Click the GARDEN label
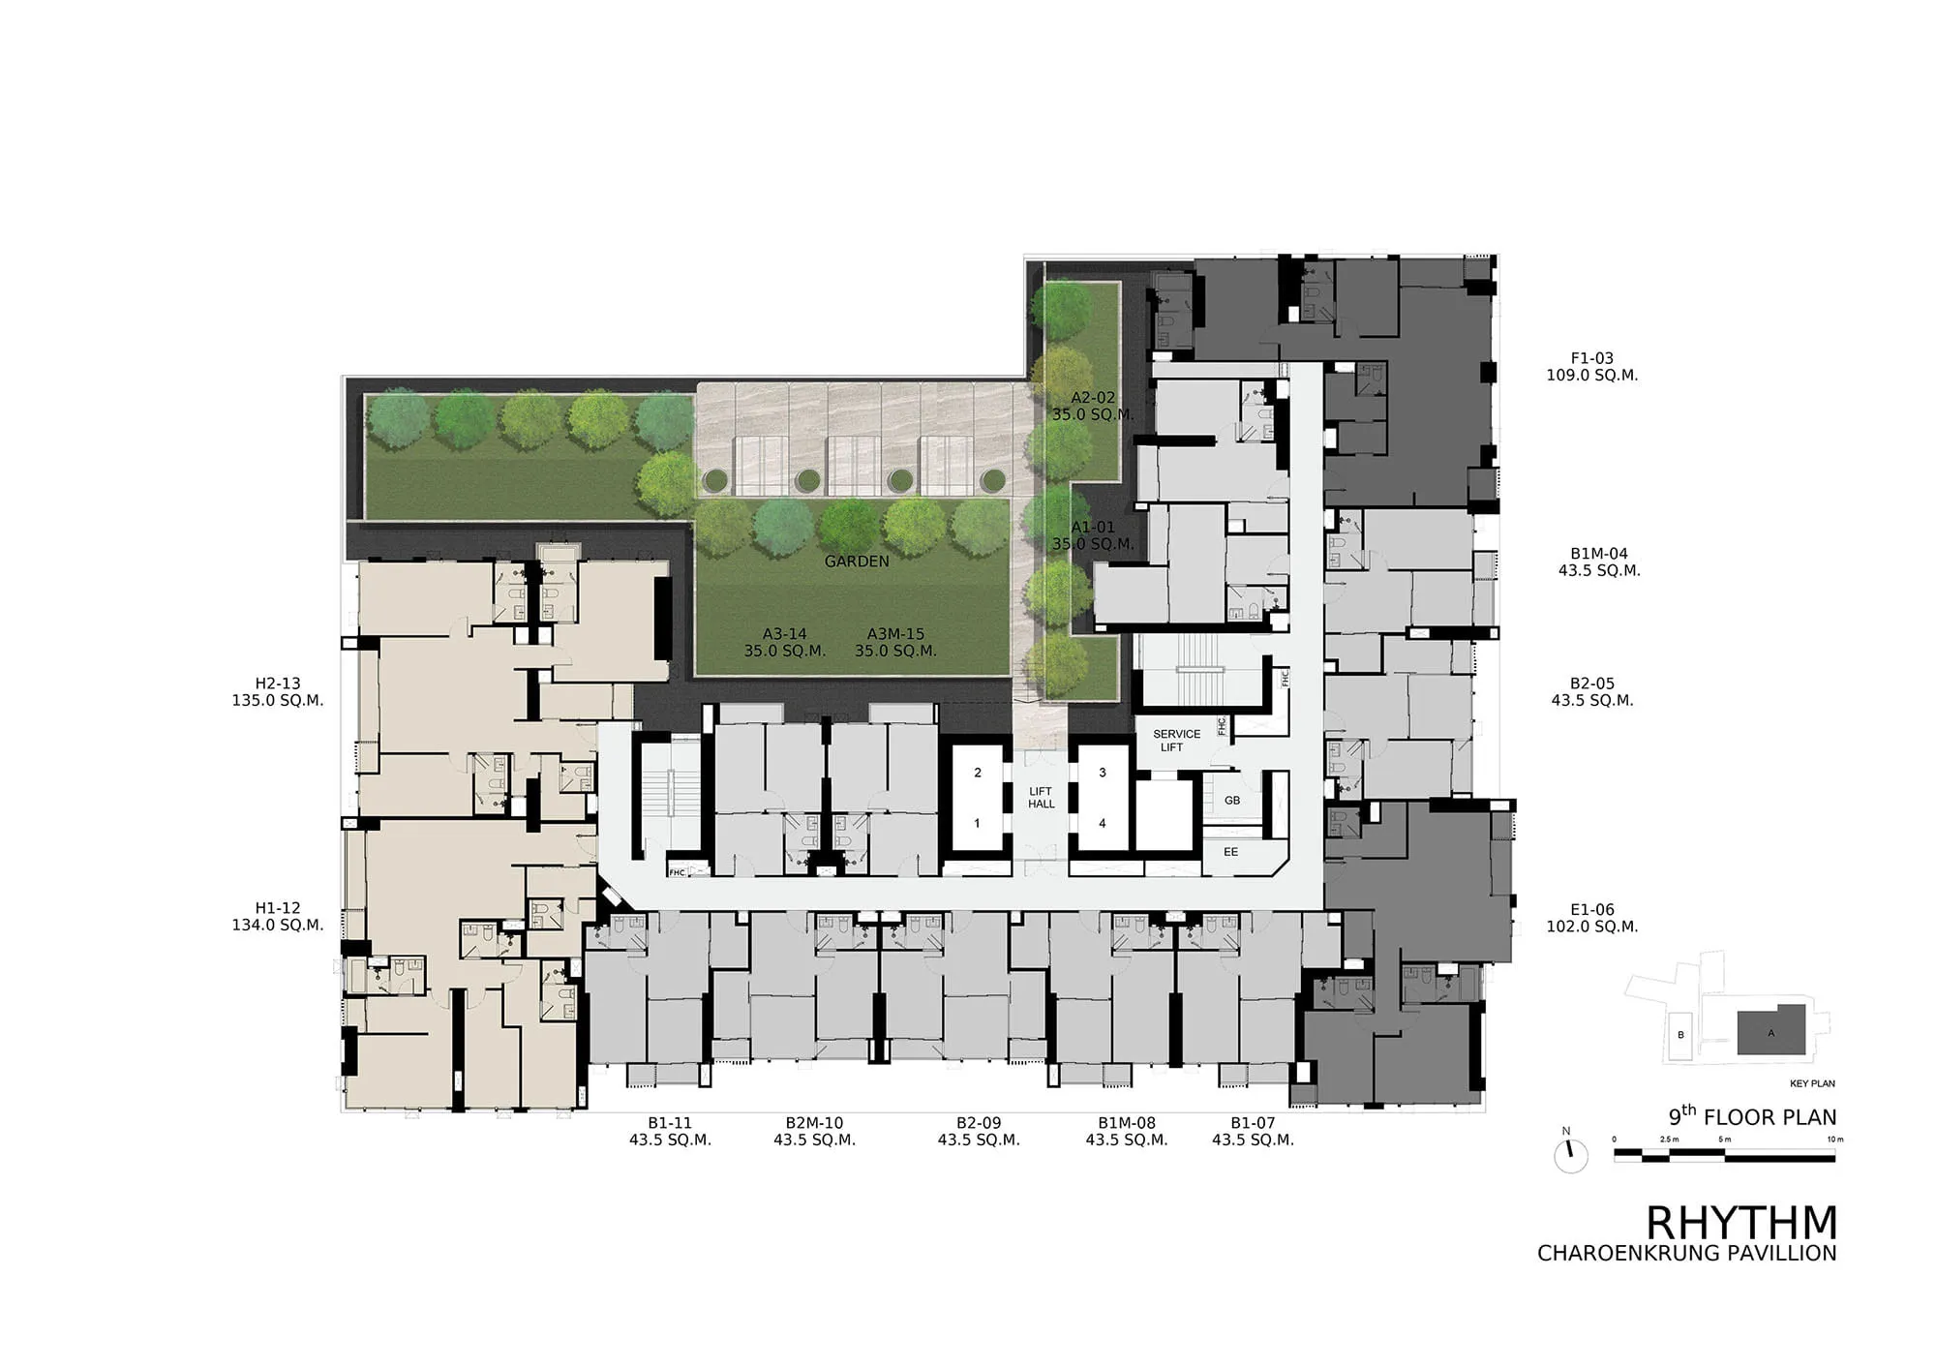coord(857,562)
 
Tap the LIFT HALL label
coord(1042,798)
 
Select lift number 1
coord(978,824)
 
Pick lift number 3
coord(1103,774)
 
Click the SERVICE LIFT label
coord(1176,741)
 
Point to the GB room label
coord(1232,801)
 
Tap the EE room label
coord(1231,852)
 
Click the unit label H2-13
coord(278,684)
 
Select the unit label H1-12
coord(278,908)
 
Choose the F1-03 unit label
coord(1592,358)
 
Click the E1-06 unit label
coord(1592,910)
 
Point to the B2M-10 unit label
coord(814,1123)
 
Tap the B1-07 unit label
coord(1253,1123)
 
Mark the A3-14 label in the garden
coord(784,635)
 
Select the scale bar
coord(1725,1152)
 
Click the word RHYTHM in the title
coord(1741,1223)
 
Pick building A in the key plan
coord(1771,1031)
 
